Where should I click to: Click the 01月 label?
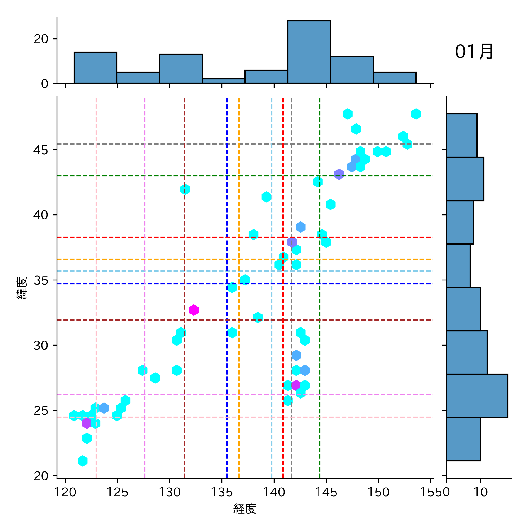tap(474, 52)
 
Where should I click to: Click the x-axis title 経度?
tap(245, 508)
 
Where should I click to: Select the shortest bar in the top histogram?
tap(224, 81)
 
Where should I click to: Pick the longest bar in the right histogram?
tap(477, 396)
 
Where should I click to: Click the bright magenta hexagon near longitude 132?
tap(194, 310)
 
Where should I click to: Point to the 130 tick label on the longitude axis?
tap(169, 492)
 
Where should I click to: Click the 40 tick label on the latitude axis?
tap(41, 215)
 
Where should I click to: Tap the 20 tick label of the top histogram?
tap(41, 39)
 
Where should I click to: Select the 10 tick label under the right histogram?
tap(480, 492)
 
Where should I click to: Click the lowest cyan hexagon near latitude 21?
tap(83, 461)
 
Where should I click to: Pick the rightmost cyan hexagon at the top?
tap(416, 114)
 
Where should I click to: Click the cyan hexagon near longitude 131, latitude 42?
tap(185, 189)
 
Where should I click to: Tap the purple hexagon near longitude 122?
tap(87, 423)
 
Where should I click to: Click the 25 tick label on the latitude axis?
tap(41, 411)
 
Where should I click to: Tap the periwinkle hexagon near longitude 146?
tap(339, 174)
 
